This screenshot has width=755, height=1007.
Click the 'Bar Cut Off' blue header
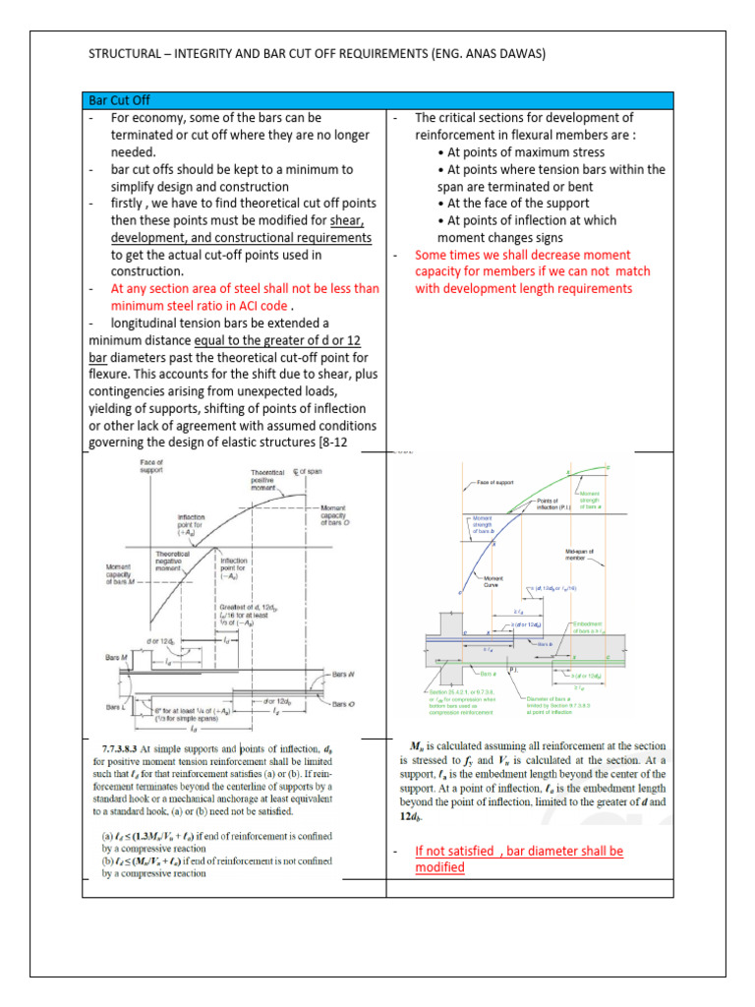(117, 100)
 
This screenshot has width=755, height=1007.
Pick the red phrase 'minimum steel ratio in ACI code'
(202, 305)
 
